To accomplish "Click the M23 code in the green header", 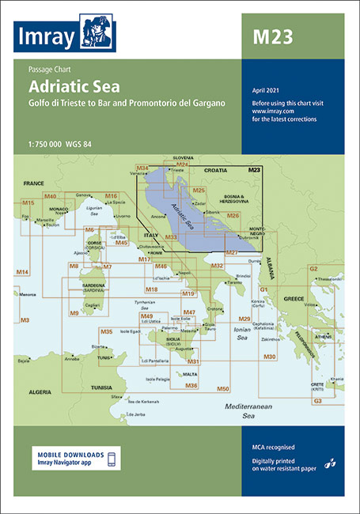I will (271, 36).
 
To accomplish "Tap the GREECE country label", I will (294, 299).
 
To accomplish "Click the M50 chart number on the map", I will (222, 389).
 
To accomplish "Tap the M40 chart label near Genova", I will (51, 195).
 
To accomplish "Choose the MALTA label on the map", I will (190, 373).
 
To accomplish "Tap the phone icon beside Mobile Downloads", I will (112, 459).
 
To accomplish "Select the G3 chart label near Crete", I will (317, 402).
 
